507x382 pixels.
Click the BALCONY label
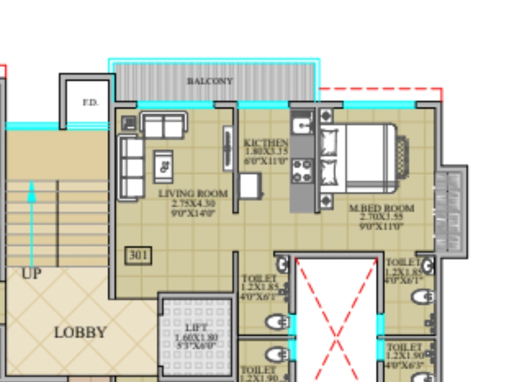coord(210,81)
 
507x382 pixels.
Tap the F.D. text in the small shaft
coord(90,102)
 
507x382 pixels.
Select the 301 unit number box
coord(138,256)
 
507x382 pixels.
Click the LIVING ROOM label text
coord(192,194)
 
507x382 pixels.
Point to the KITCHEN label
coord(266,143)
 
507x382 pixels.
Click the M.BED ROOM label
coord(381,209)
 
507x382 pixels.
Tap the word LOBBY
coord(80,332)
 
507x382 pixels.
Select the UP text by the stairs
coord(32,274)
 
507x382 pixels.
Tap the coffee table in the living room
coord(163,166)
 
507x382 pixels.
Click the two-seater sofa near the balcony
coord(163,126)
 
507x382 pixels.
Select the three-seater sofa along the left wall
coord(132,167)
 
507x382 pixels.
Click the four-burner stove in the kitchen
coord(302,170)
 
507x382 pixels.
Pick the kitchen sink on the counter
coord(303,124)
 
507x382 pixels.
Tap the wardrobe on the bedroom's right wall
coord(450,211)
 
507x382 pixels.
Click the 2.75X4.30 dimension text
coord(192,203)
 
